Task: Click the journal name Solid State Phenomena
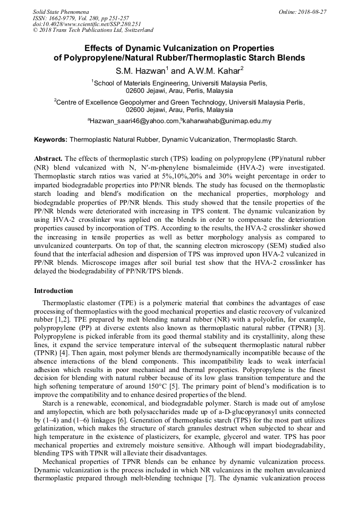click(61, 12)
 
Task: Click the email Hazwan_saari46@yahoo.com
click(134, 122)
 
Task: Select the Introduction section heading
click(54, 291)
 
